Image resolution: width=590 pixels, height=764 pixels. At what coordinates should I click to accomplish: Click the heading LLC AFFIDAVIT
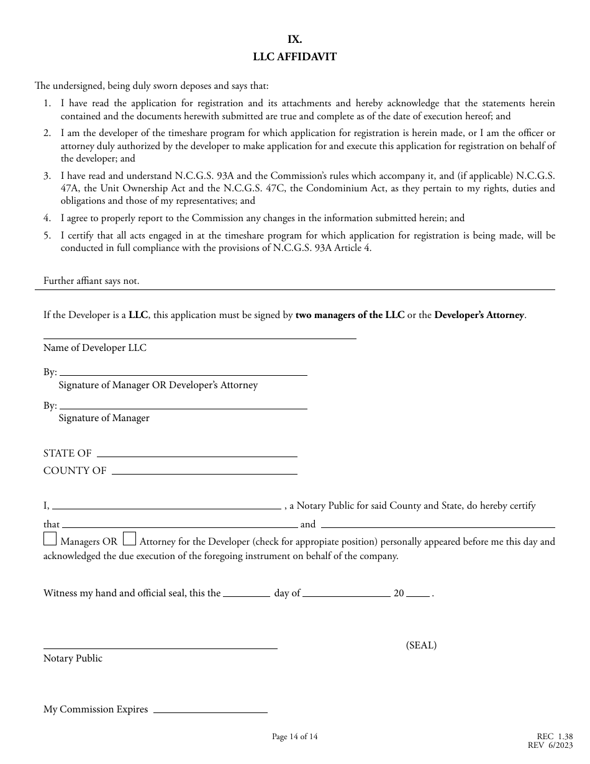(294, 57)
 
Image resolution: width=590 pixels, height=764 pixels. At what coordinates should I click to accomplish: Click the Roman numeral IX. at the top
(294, 39)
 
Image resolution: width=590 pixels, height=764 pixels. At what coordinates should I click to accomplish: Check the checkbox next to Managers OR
(50, 539)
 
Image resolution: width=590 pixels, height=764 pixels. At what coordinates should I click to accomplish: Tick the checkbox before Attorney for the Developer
(129, 539)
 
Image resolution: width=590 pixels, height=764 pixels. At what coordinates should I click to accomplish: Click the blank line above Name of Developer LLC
(199, 337)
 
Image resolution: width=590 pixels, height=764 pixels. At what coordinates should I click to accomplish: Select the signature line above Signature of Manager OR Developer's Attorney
(183, 374)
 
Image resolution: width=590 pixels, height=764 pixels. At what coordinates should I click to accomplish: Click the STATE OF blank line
(197, 455)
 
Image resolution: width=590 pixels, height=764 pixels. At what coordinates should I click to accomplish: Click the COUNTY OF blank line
(204, 473)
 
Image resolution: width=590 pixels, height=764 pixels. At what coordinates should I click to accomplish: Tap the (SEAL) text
(421, 645)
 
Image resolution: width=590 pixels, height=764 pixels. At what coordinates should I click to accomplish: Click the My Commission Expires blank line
(210, 711)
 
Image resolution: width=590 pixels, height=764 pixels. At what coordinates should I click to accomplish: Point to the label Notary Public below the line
(73, 658)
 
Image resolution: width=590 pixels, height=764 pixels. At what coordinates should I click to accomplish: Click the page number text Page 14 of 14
(294, 737)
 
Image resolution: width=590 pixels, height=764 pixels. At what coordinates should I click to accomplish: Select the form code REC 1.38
(555, 737)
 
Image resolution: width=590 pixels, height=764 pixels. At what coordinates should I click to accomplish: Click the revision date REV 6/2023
(550, 745)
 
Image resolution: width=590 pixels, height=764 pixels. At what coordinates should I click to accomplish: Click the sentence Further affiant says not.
(91, 281)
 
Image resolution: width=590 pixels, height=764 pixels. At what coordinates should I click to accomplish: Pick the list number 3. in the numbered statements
(47, 176)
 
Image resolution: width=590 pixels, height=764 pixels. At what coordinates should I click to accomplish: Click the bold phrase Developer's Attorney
(479, 315)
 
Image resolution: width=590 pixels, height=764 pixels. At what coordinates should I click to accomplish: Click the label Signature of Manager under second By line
(104, 418)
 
